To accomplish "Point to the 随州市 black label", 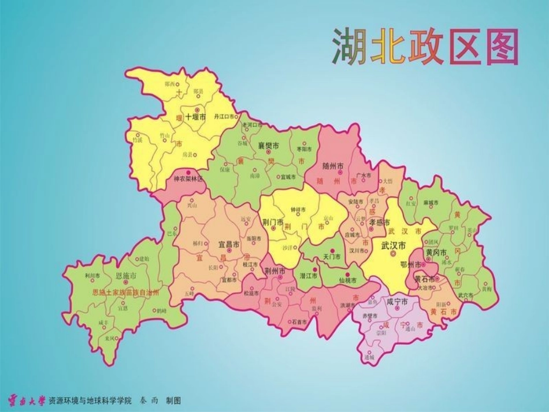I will (x=333, y=166).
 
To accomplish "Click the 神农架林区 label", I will (x=188, y=179).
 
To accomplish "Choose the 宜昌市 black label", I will (x=228, y=245).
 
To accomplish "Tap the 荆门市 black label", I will (x=272, y=221).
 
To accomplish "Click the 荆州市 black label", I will (x=275, y=271).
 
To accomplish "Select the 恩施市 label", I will (x=126, y=276).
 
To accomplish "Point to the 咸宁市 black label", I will (x=397, y=302).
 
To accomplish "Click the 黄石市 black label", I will (x=425, y=280).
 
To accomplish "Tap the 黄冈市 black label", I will (x=436, y=253).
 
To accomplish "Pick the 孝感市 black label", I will (x=380, y=222).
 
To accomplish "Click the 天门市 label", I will (x=332, y=256).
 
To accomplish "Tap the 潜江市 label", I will (x=309, y=277).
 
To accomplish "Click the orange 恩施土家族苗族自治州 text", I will (x=125, y=292).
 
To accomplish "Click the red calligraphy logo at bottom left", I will (x=25, y=399).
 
